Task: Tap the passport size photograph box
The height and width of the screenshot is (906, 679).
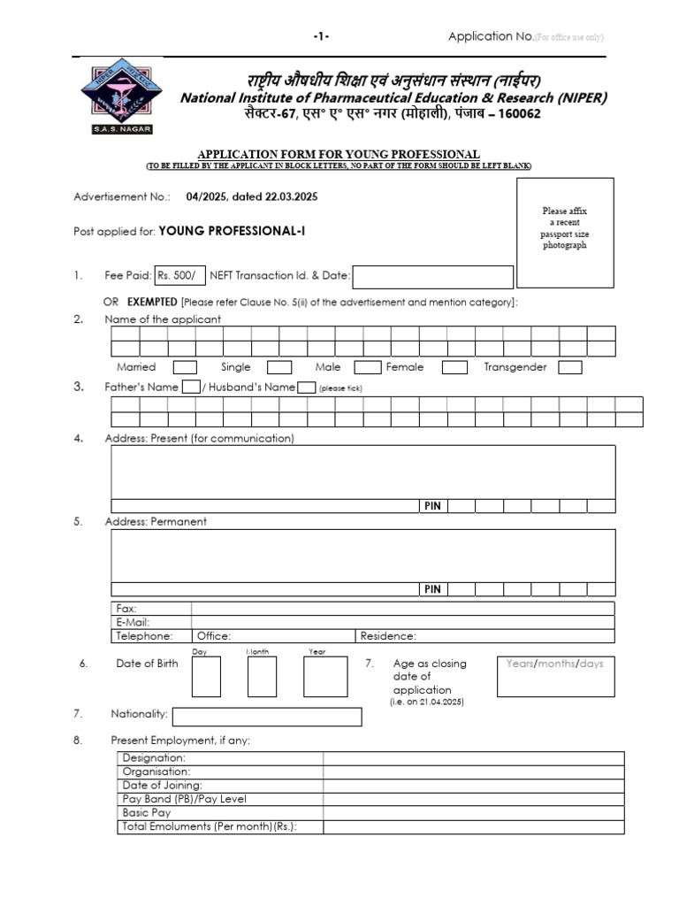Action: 564,232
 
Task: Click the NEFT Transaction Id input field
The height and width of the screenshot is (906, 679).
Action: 432,277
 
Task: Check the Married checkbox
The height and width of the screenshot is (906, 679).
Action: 185,367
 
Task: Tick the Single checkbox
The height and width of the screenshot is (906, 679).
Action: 279,367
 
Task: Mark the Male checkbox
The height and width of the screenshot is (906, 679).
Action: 368,367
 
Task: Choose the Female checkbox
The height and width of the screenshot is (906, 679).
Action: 454,367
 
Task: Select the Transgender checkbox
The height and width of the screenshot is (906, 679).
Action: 570,367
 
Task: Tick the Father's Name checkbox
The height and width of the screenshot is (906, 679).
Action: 191,387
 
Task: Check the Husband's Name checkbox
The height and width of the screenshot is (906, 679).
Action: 307,387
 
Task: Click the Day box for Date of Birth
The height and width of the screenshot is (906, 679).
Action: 206,677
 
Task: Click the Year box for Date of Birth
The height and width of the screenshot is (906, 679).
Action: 325,677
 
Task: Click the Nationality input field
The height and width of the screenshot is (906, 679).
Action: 266,716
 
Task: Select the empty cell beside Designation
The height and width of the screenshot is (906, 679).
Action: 473,758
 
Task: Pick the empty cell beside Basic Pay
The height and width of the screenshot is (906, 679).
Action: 473,812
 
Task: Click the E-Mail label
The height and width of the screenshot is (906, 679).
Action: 134,622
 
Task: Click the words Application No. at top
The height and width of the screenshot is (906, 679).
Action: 491,36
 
